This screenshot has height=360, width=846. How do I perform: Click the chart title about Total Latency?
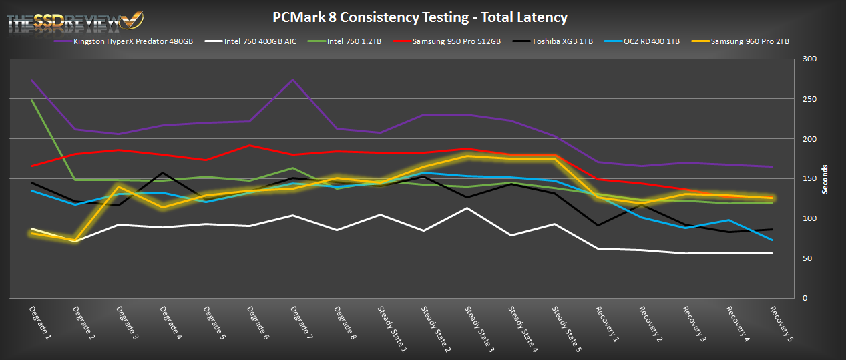pos(420,17)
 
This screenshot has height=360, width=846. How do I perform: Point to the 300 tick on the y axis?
pos(810,59)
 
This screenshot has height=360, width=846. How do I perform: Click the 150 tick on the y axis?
pos(810,179)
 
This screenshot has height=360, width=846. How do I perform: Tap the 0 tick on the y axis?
pos(806,298)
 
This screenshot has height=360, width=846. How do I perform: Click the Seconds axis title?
pos(826,179)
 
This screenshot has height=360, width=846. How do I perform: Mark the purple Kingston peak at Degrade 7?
pos(293,80)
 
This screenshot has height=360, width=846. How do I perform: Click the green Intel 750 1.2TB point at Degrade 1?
pos(32,100)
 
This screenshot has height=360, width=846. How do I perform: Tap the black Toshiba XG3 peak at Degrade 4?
pos(162,173)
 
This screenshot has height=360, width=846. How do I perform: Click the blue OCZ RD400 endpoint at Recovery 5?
pos(773,240)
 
